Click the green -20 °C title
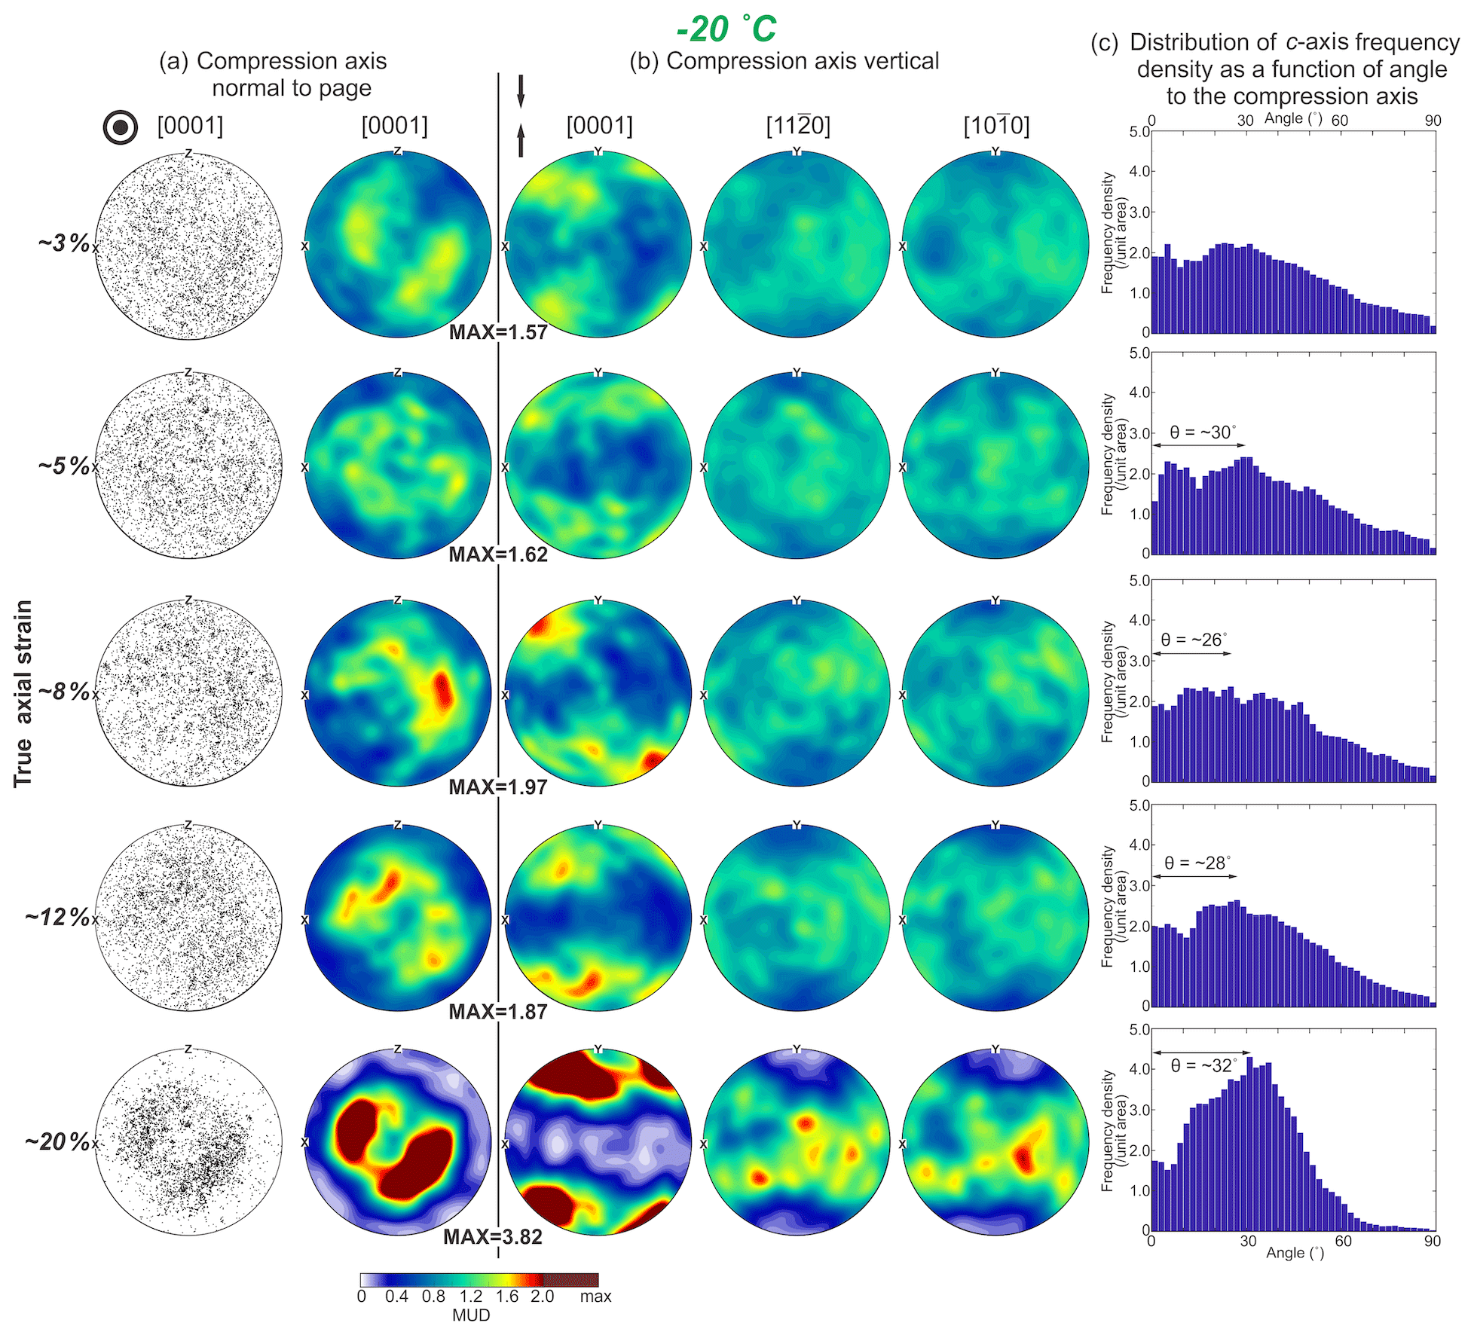(x=726, y=29)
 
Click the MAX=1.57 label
(x=498, y=332)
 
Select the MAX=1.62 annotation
(x=498, y=554)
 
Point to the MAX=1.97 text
(x=498, y=787)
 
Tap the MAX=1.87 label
(x=498, y=1012)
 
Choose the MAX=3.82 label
(x=493, y=1237)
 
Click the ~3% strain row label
(x=64, y=243)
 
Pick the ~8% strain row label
(x=64, y=691)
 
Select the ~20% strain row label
(x=57, y=1141)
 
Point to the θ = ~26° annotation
(x=1194, y=640)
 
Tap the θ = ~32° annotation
(x=1204, y=1066)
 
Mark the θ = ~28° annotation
(x=1197, y=863)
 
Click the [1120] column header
(x=797, y=126)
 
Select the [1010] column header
(x=996, y=126)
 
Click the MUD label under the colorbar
(x=471, y=1315)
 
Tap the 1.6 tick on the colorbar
(x=506, y=1297)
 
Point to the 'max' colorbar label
(x=595, y=1297)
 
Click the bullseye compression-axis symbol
(x=120, y=127)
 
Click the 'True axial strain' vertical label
(x=23, y=693)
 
